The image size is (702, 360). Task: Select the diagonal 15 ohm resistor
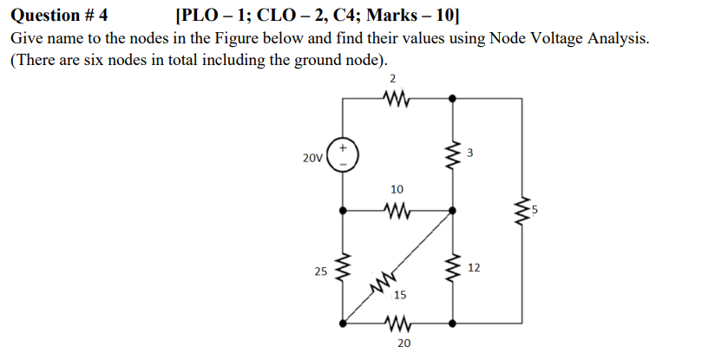pyautogui.click(x=384, y=280)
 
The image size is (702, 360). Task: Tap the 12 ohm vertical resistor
pyautogui.click(x=451, y=269)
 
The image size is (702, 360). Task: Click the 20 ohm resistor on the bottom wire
pyautogui.click(x=397, y=323)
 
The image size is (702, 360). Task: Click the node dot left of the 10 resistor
pyautogui.click(x=344, y=210)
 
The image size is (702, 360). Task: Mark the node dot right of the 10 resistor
pyautogui.click(x=451, y=210)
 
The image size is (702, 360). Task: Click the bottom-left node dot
pyautogui.click(x=344, y=323)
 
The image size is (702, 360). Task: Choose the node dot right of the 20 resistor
pyautogui.click(x=451, y=323)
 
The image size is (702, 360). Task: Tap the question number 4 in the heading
pyautogui.click(x=102, y=15)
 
